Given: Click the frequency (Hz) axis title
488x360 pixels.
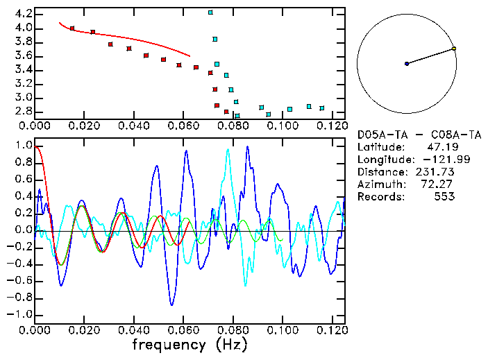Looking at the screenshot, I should pyautogui.click(x=189, y=345).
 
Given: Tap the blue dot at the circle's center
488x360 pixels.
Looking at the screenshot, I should pyautogui.click(x=407, y=64).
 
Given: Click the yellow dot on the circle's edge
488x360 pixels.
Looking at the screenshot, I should pyautogui.click(x=454, y=49).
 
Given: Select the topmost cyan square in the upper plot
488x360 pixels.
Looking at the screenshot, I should pyautogui.click(x=210, y=12).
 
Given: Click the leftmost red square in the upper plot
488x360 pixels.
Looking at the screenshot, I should pyautogui.click(x=72, y=28).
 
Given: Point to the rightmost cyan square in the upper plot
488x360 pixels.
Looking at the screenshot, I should pyautogui.click(x=321, y=108).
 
